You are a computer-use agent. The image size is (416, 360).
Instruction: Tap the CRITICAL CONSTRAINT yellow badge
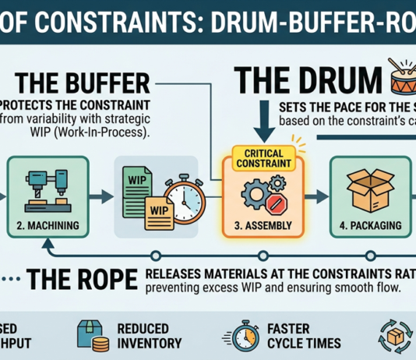click(264, 158)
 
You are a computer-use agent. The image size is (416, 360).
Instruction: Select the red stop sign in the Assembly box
click(277, 204)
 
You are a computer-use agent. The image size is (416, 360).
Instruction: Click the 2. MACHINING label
click(48, 225)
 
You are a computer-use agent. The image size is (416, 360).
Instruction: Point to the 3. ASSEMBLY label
click(263, 225)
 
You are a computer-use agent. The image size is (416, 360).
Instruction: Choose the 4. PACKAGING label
click(371, 225)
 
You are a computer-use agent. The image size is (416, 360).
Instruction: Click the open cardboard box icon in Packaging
click(370, 190)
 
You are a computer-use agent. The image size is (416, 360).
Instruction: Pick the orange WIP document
click(159, 214)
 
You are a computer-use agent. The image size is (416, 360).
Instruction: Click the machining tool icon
click(48, 190)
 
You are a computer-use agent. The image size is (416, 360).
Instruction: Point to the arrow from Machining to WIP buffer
click(101, 196)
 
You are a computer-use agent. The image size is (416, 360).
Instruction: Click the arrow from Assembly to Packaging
click(316, 196)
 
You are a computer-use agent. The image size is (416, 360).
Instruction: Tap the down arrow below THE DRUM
click(264, 122)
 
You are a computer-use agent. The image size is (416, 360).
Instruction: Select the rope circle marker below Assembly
click(263, 256)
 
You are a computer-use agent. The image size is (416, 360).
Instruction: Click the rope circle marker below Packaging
click(371, 256)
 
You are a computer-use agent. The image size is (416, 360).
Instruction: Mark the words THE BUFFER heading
click(83, 83)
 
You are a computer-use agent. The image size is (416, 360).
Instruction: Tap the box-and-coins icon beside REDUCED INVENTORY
click(93, 336)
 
